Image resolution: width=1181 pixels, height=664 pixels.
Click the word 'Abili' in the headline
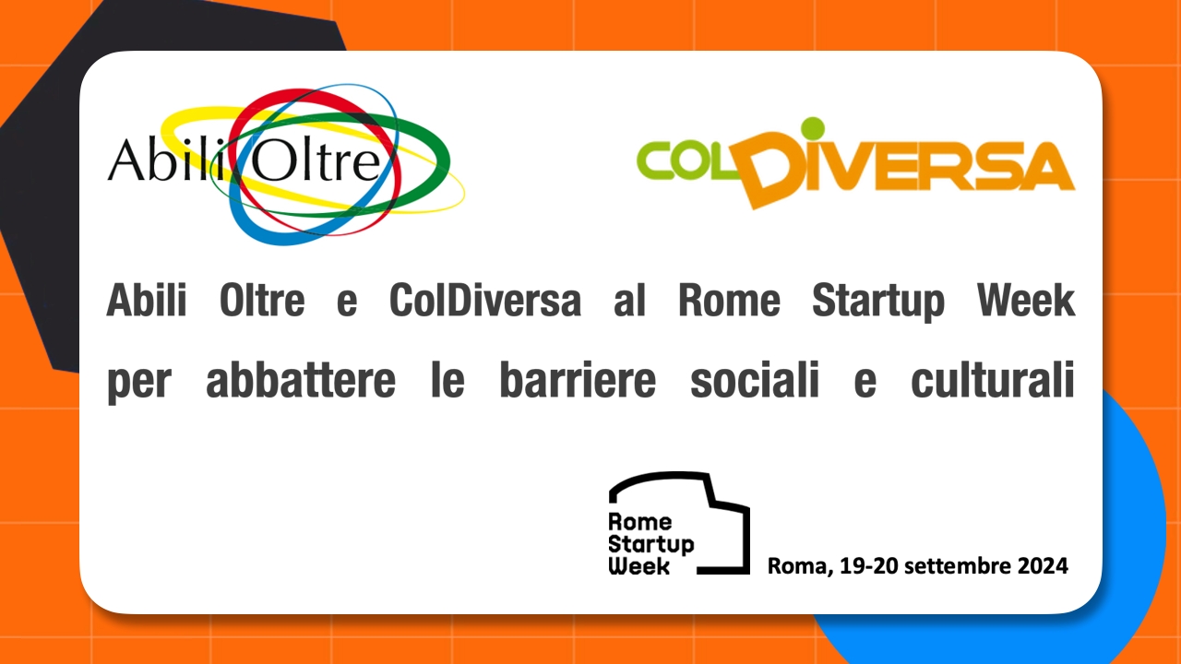147,300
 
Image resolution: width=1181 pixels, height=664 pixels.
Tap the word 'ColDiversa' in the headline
485,300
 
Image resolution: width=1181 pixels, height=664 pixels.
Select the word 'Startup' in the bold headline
878,302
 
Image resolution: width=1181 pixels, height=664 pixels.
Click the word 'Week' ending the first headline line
1025,300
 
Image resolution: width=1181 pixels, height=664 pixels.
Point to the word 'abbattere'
301,379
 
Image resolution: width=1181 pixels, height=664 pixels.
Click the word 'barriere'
578,379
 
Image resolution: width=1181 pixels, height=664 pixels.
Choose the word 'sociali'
755,379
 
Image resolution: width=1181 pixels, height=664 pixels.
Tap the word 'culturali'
992,379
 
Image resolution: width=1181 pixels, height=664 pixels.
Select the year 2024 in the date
1043,566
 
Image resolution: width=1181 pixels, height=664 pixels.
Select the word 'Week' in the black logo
639,566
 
